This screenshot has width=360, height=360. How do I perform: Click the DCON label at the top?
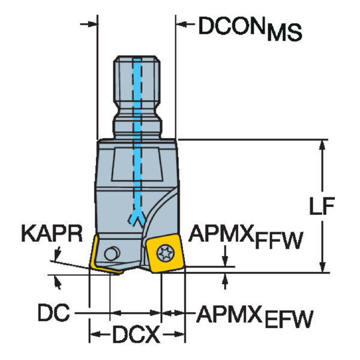click(232, 25)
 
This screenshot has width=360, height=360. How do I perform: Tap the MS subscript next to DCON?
click(284, 32)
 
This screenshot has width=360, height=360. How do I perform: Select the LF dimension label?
click(322, 206)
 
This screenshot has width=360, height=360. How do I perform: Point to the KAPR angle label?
click(52, 233)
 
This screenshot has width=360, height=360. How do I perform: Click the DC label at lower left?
click(54, 312)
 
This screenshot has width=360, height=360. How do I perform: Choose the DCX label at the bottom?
click(136, 334)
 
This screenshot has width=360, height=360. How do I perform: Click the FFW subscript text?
click(279, 241)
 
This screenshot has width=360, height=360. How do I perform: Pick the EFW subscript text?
click(289, 319)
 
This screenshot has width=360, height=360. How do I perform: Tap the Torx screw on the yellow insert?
click(166, 253)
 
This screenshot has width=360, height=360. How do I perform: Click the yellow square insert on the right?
click(165, 253)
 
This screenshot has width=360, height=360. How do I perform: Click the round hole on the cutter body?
click(112, 253)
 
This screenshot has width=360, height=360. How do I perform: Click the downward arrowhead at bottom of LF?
click(322, 266)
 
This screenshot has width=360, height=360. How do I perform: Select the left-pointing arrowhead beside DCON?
click(181, 23)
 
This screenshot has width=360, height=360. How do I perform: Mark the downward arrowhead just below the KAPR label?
click(57, 253)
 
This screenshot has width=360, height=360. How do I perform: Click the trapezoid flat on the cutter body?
click(137, 164)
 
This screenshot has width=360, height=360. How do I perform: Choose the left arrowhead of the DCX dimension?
click(95, 334)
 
